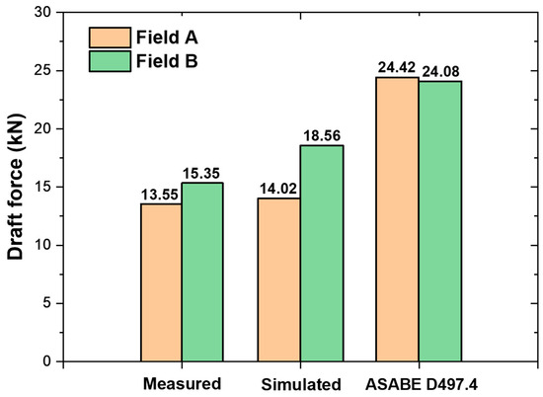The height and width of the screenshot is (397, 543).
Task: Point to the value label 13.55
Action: click(x=160, y=194)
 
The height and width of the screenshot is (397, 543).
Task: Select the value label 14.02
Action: click(x=277, y=189)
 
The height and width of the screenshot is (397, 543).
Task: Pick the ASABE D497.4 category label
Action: click(x=418, y=382)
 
